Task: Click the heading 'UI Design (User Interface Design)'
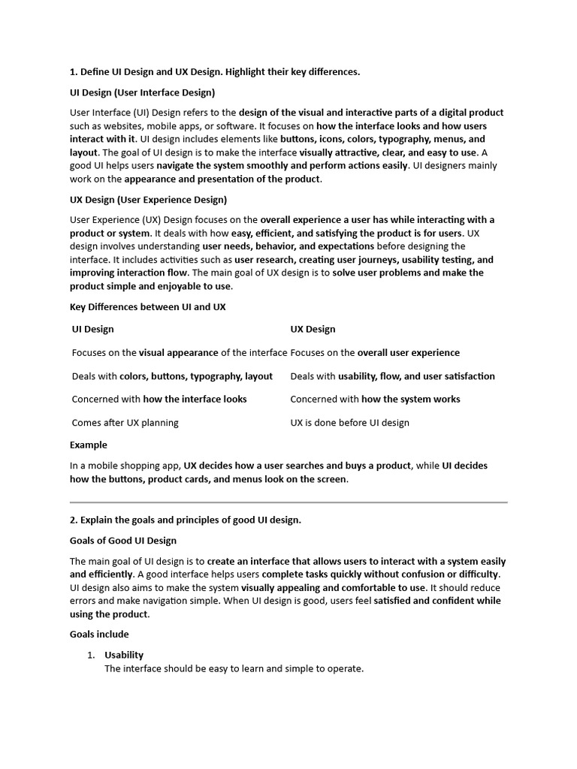142,92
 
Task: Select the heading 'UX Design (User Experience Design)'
148,200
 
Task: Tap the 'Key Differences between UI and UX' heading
147,306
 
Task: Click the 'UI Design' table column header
93,329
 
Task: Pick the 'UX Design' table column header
313,329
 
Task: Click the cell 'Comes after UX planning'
125,422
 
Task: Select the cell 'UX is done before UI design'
349,422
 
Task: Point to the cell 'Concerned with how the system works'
375,399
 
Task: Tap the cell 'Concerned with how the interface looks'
159,399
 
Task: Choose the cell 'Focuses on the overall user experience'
375,352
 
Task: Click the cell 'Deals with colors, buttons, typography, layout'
172,375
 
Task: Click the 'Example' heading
89,445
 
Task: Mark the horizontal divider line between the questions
288,502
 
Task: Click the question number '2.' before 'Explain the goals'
74,520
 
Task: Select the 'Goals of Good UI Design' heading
123,540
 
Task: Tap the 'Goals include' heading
99,634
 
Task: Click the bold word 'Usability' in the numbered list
124,655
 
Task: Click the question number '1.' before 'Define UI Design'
74,71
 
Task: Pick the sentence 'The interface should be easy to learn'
234,668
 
